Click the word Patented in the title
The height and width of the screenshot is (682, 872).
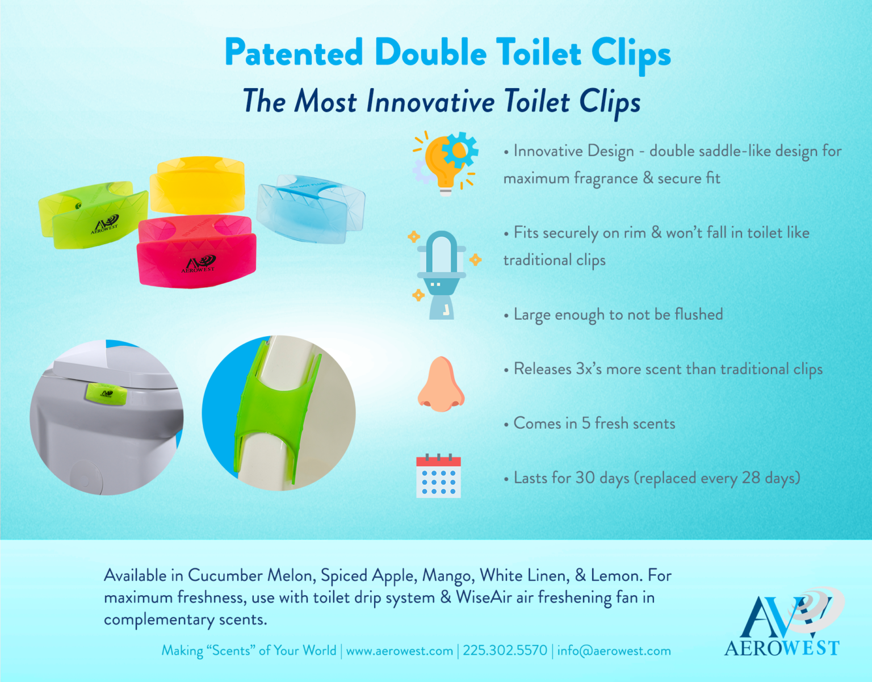click(294, 53)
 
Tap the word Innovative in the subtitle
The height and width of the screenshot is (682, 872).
click(430, 102)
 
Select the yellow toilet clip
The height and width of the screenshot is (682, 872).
click(197, 185)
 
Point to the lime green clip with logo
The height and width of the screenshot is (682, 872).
click(94, 214)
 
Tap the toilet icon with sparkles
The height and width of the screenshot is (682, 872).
click(442, 274)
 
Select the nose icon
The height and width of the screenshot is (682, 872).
click(441, 384)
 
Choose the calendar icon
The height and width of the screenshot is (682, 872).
click(438, 476)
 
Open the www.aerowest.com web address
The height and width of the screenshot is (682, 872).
click(399, 651)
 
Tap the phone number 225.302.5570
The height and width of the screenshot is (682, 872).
click(505, 651)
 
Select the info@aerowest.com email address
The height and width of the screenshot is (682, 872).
click(614, 651)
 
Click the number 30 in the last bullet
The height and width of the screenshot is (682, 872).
click(585, 478)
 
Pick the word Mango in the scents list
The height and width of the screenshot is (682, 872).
click(448, 576)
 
